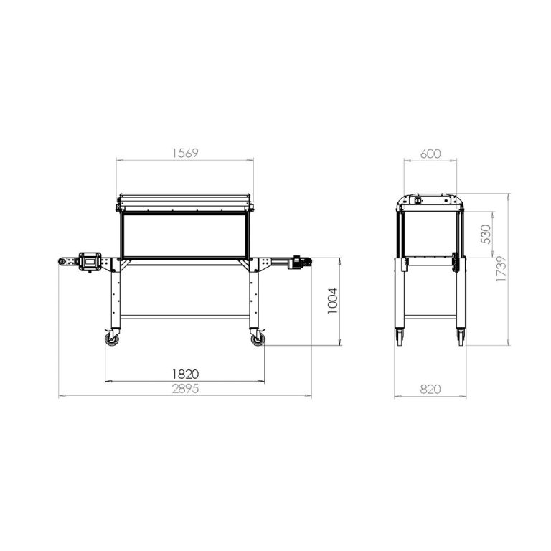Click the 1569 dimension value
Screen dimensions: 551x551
coord(185,154)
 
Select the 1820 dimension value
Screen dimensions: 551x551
coord(185,375)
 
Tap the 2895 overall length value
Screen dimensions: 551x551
coord(185,389)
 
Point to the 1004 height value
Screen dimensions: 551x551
coord(332,301)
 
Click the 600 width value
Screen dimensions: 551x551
coord(430,154)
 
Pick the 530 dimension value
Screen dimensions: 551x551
coord(485,235)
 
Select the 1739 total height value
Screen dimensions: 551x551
coord(501,269)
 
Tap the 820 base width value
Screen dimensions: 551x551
coord(430,390)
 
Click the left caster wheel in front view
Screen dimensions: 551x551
coord(112,339)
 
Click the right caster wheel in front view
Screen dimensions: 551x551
coord(258,339)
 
